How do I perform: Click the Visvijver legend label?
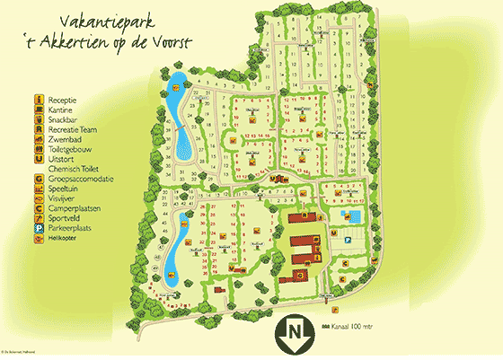pyautogui.click(x=62, y=198)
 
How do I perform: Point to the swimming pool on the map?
pyautogui.click(x=356, y=218)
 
